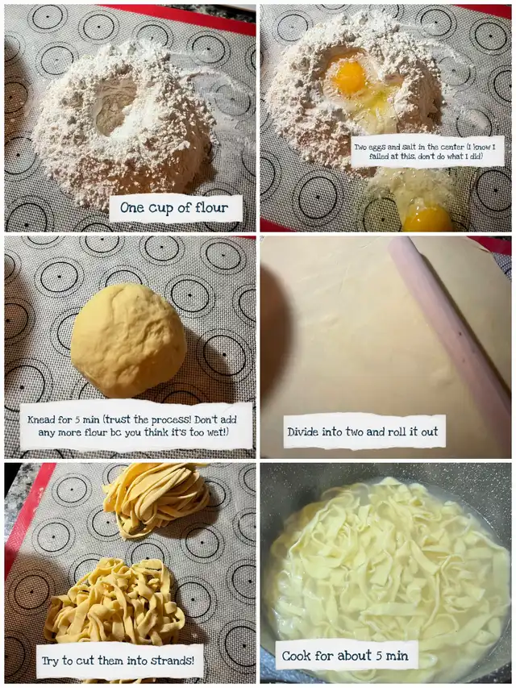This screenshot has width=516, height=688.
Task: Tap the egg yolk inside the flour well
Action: (349, 78)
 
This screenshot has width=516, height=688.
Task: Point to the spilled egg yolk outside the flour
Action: (427, 218)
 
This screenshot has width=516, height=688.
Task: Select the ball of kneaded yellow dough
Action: (128, 340)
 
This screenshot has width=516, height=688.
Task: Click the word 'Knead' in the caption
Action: (41, 420)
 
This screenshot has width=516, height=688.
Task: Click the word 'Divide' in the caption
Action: (303, 432)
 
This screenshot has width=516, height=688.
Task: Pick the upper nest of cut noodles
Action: (155, 500)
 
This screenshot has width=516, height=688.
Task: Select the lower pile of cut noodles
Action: (114, 600)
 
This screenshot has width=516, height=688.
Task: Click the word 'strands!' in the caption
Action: (172, 661)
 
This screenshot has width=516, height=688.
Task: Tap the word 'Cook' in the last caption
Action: (295, 656)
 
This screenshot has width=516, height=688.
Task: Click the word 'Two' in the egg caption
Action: (361, 147)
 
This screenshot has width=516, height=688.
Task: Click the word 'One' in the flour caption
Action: (132, 207)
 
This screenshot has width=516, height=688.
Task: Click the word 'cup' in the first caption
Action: (160, 208)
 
